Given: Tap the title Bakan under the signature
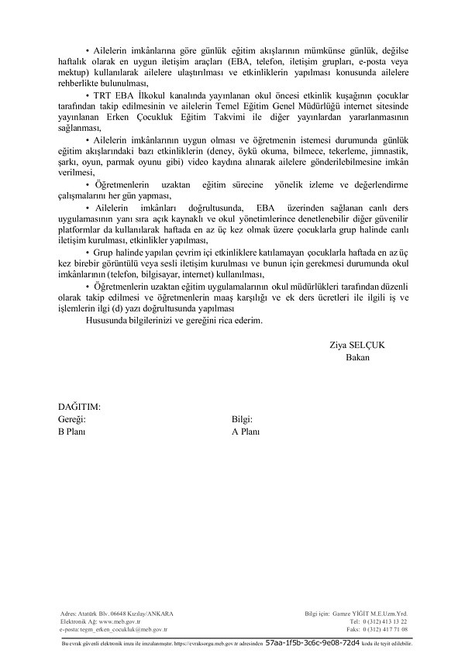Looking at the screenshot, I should pyautogui.click(x=357, y=358).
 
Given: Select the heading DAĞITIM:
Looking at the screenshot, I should pyautogui.click(x=80, y=407).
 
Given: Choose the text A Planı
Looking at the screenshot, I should pyautogui.click(x=246, y=432).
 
